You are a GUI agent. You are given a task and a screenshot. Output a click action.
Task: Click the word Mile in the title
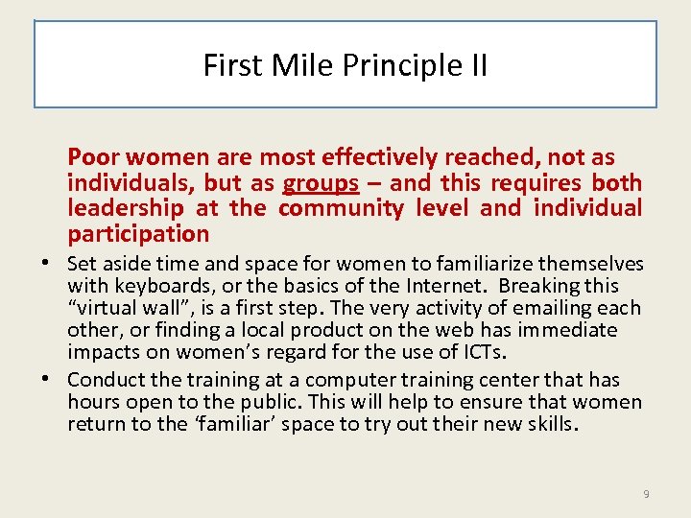[x=292, y=65]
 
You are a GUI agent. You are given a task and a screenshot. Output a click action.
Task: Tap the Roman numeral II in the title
[x=476, y=65]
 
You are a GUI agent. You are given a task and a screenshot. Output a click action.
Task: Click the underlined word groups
[x=321, y=183]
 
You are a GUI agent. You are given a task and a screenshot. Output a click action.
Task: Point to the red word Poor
[x=94, y=157]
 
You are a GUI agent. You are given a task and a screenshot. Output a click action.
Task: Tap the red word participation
[x=138, y=234]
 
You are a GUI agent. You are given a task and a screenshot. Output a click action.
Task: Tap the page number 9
[x=646, y=494]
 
